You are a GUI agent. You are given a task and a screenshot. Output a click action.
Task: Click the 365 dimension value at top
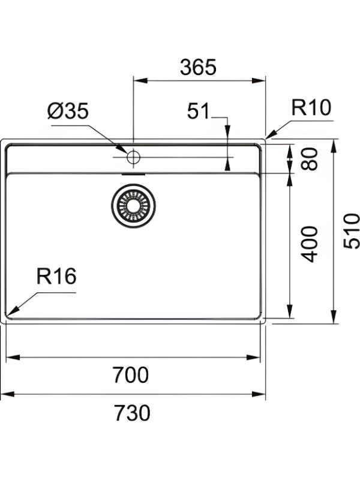[198, 67]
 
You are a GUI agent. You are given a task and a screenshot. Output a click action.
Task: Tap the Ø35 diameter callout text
[68, 111]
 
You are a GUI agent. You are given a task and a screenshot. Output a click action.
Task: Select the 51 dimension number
[198, 111]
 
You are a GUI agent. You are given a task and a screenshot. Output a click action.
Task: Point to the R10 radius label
[311, 107]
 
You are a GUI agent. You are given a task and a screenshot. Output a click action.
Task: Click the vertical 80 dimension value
[309, 159]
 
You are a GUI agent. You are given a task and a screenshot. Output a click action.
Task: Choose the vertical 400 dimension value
[309, 244]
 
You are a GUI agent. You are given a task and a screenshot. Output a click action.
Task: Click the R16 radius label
[56, 276]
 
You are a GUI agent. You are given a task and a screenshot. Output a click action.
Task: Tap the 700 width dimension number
[131, 374]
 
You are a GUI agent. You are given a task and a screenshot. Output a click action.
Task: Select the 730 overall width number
[132, 413]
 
